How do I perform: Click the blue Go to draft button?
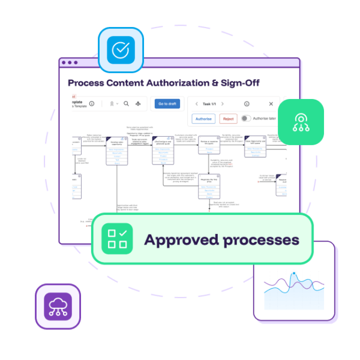[x=167, y=104]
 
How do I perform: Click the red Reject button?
[x=228, y=119]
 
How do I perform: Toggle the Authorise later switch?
[x=246, y=119]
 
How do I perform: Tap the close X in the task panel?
[x=271, y=104]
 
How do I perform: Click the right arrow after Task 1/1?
[x=223, y=104]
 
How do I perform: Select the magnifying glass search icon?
[x=127, y=104]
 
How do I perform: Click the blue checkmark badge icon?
[x=121, y=50]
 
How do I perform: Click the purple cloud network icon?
[x=58, y=306]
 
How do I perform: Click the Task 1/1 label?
[x=210, y=104]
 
